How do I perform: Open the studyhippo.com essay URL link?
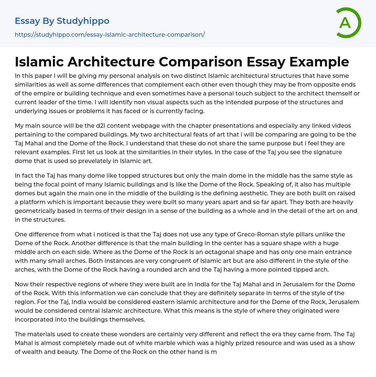coord(109,35)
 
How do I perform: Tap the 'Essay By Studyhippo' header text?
coord(62,21)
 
